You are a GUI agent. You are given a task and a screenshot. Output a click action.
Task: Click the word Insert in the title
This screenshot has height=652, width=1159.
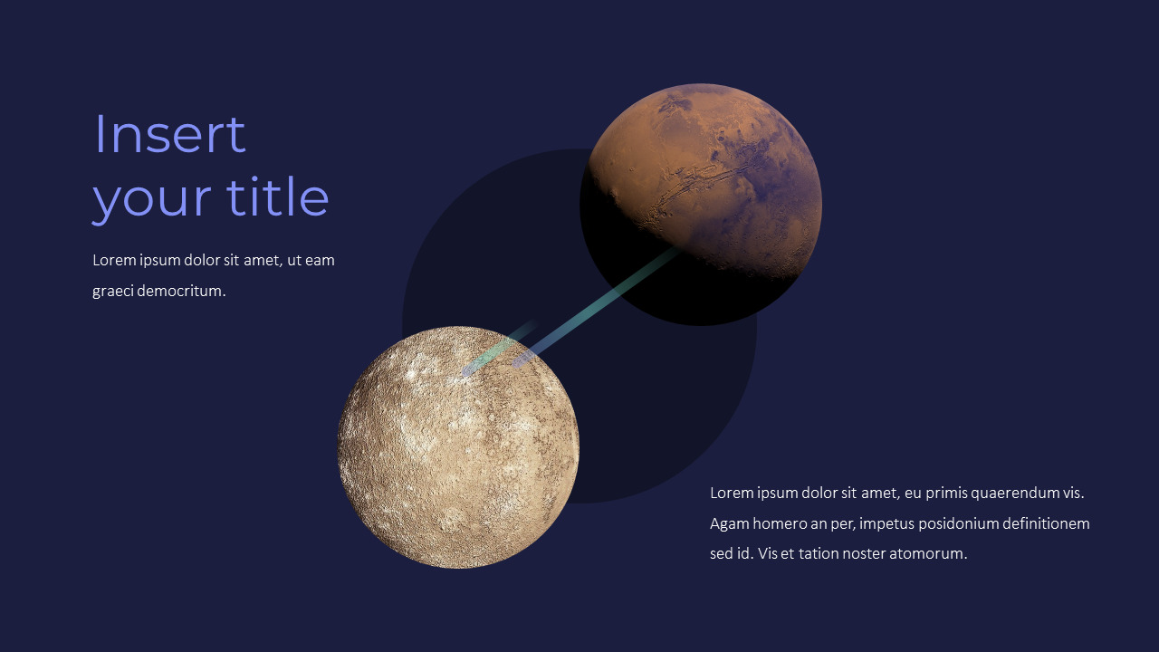coord(169,134)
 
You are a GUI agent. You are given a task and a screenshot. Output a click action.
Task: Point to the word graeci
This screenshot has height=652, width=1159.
coord(112,292)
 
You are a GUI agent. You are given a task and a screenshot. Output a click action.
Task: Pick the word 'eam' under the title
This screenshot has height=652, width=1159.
coord(320,261)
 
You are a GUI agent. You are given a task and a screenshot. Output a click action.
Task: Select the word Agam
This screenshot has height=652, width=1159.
coord(729,523)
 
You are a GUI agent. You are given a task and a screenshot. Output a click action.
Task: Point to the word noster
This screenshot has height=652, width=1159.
coord(865,553)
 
